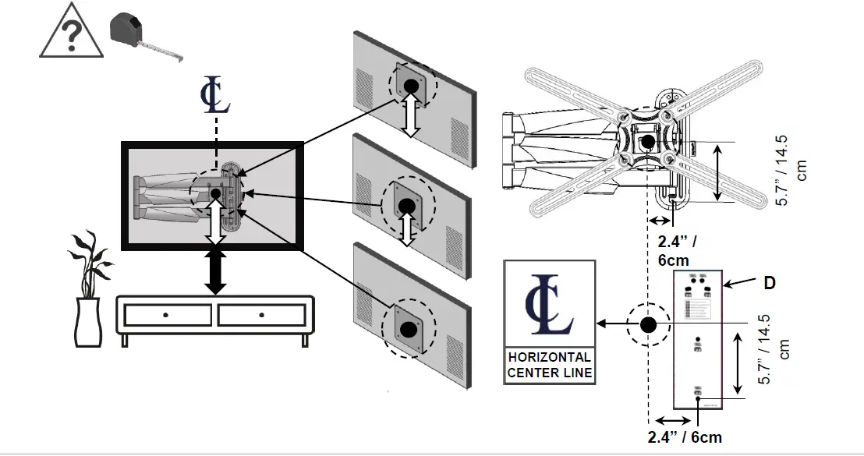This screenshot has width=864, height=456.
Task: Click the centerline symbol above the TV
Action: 214,96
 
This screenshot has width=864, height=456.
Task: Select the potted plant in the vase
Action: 87,288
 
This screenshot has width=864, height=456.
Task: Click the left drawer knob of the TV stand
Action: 166,315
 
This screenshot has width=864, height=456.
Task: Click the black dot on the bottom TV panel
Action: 405,319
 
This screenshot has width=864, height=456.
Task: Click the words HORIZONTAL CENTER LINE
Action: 550,365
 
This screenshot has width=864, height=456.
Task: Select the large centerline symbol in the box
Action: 550,305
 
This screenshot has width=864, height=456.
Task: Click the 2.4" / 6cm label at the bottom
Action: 685,437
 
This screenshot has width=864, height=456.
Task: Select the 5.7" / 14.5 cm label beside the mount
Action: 791,171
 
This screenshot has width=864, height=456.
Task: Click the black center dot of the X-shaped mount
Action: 646,141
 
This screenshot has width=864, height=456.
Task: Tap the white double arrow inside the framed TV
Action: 216,220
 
